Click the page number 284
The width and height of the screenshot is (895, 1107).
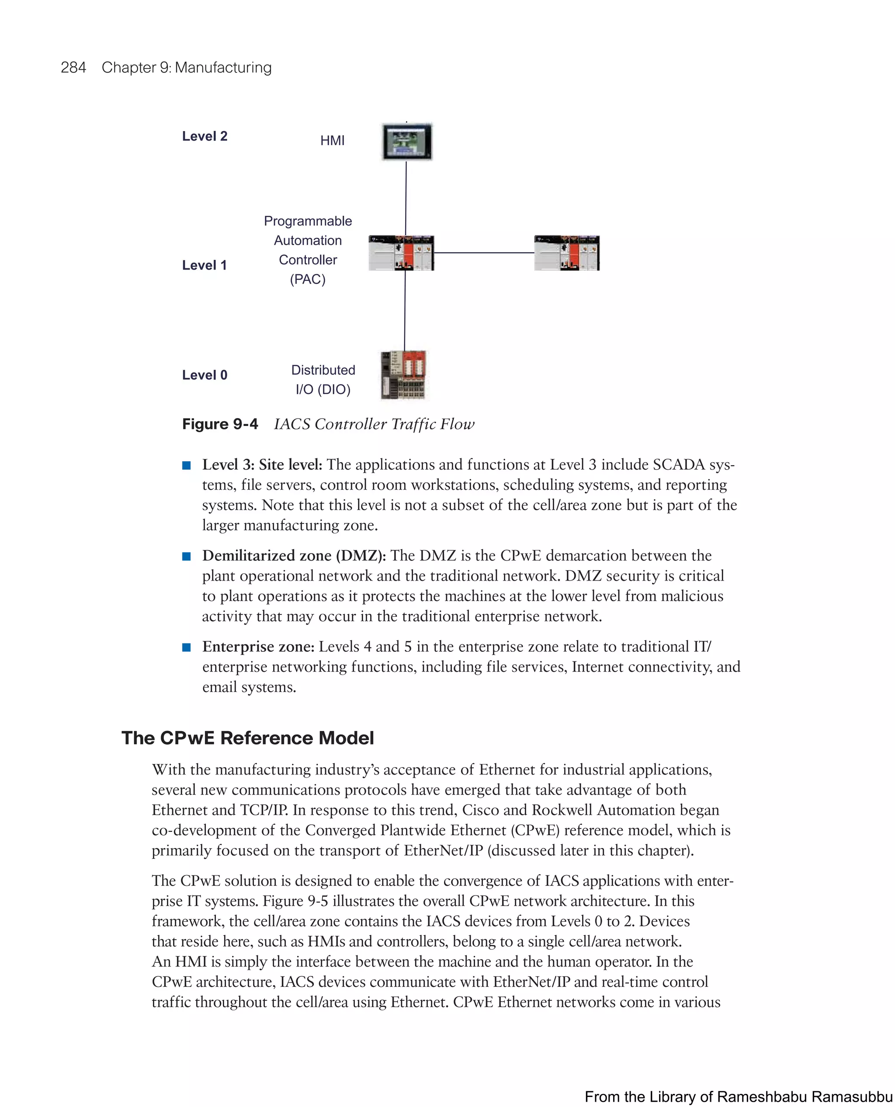[x=73, y=68]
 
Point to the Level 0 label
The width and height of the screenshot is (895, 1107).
[x=205, y=375]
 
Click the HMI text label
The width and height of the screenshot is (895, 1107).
[x=332, y=140]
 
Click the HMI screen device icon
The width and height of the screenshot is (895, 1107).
[x=407, y=142]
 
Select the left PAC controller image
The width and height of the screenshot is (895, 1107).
[x=401, y=253]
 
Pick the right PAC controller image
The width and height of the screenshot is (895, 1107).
[x=567, y=253]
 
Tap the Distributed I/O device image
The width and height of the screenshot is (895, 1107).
[x=404, y=376]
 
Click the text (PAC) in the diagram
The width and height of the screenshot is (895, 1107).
[x=307, y=279]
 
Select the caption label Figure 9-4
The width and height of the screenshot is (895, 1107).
[x=220, y=424]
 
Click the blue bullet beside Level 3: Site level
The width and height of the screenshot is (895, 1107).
[x=187, y=465]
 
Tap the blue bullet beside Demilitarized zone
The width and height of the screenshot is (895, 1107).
[x=187, y=556]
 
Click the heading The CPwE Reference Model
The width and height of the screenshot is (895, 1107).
[x=247, y=738]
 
